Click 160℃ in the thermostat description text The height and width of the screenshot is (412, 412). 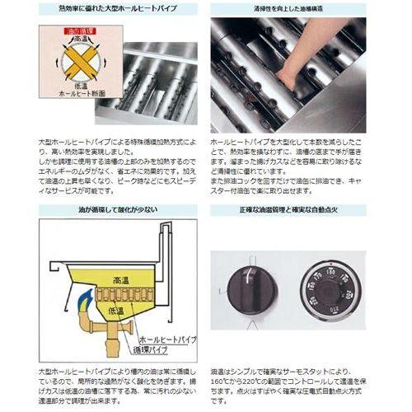(x=227, y=382)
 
